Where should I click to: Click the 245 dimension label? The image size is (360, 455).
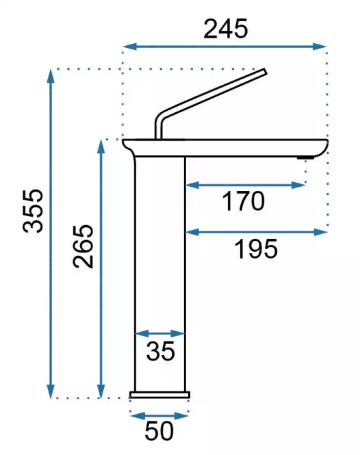tap(226, 29)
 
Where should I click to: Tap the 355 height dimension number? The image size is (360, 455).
tap(33, 211)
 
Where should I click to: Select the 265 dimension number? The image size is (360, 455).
tap(83, 246)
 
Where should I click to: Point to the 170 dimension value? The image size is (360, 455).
tap(243, 200)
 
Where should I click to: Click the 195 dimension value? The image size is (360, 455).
tap(256, 249)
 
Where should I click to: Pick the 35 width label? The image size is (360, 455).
tap(161, 351)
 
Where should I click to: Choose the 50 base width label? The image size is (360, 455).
tap(159, 431)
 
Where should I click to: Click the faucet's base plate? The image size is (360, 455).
tap(160, 395)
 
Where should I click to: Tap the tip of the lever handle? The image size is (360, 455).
tap(265, 71)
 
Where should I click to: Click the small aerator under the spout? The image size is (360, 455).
tap(305, 158)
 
